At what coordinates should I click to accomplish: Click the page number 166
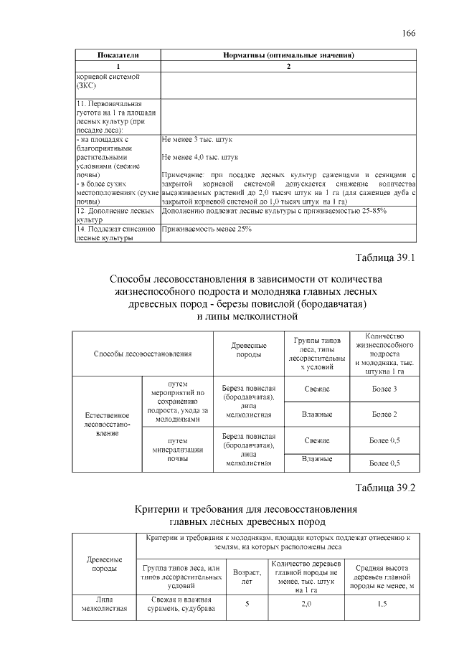coord(409,34)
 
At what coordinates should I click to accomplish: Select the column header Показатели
coord(118,55)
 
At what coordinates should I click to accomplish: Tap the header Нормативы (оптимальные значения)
coord(288,55)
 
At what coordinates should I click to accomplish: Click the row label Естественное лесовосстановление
coord(107,424)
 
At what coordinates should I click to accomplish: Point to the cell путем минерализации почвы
coord(178,450)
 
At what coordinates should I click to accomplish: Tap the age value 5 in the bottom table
coord(246,605)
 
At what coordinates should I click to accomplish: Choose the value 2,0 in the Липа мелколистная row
coord(306,605)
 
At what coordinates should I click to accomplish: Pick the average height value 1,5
coord(382,605)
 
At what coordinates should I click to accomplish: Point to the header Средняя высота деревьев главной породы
coord(382,575)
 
